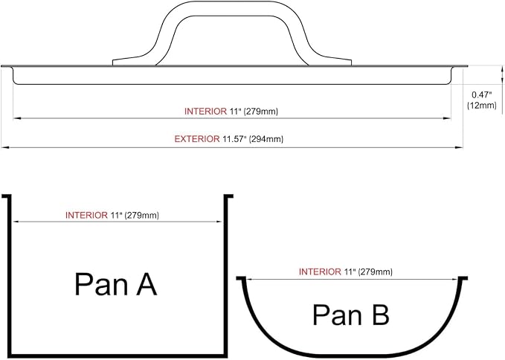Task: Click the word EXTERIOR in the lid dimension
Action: pyautogui.click(x=197, y=139)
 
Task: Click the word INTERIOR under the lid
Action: pyautogui.click(x=205, y=112)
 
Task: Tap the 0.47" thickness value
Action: pyautogui.click(x=482, y=94)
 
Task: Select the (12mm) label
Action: pyautogui.click(x=482, y=105)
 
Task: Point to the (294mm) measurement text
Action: pyautogui.click(x=266, y=139)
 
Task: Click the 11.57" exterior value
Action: pyautogui.click(x=234, y=139)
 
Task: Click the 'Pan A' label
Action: pyautogui.click(x=115, y=284)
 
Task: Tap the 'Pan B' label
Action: pyautogui.click(x=351, y=315)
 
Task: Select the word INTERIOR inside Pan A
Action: pyautogui.click(x=86, y=215)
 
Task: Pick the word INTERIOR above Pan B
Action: pyautogui.click(x=320, y=271)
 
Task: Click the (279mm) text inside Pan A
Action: pyautogui.click(x=142, y=216)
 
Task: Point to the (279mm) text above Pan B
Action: pyautogui.click(x=375, y=272)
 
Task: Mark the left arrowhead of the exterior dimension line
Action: pyautogui.click(x=4, y=147)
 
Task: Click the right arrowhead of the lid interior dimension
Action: pyautogui.click(x=447, y=118)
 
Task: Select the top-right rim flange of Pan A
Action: pyautogui.click(x=228, y=196)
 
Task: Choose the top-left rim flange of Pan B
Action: pyautogui.click(x=241, y=278)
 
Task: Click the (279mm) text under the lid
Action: pyautogui.click(x=260, y=112)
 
